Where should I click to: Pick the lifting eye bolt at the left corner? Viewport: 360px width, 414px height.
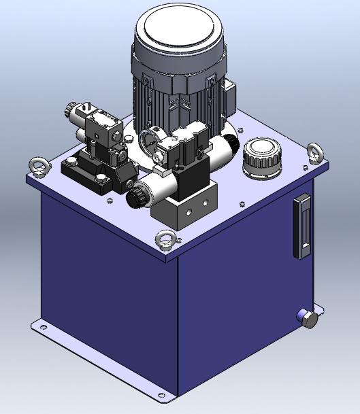click(36, 166)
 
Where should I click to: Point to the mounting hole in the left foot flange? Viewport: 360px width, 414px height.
click(44, 328)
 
